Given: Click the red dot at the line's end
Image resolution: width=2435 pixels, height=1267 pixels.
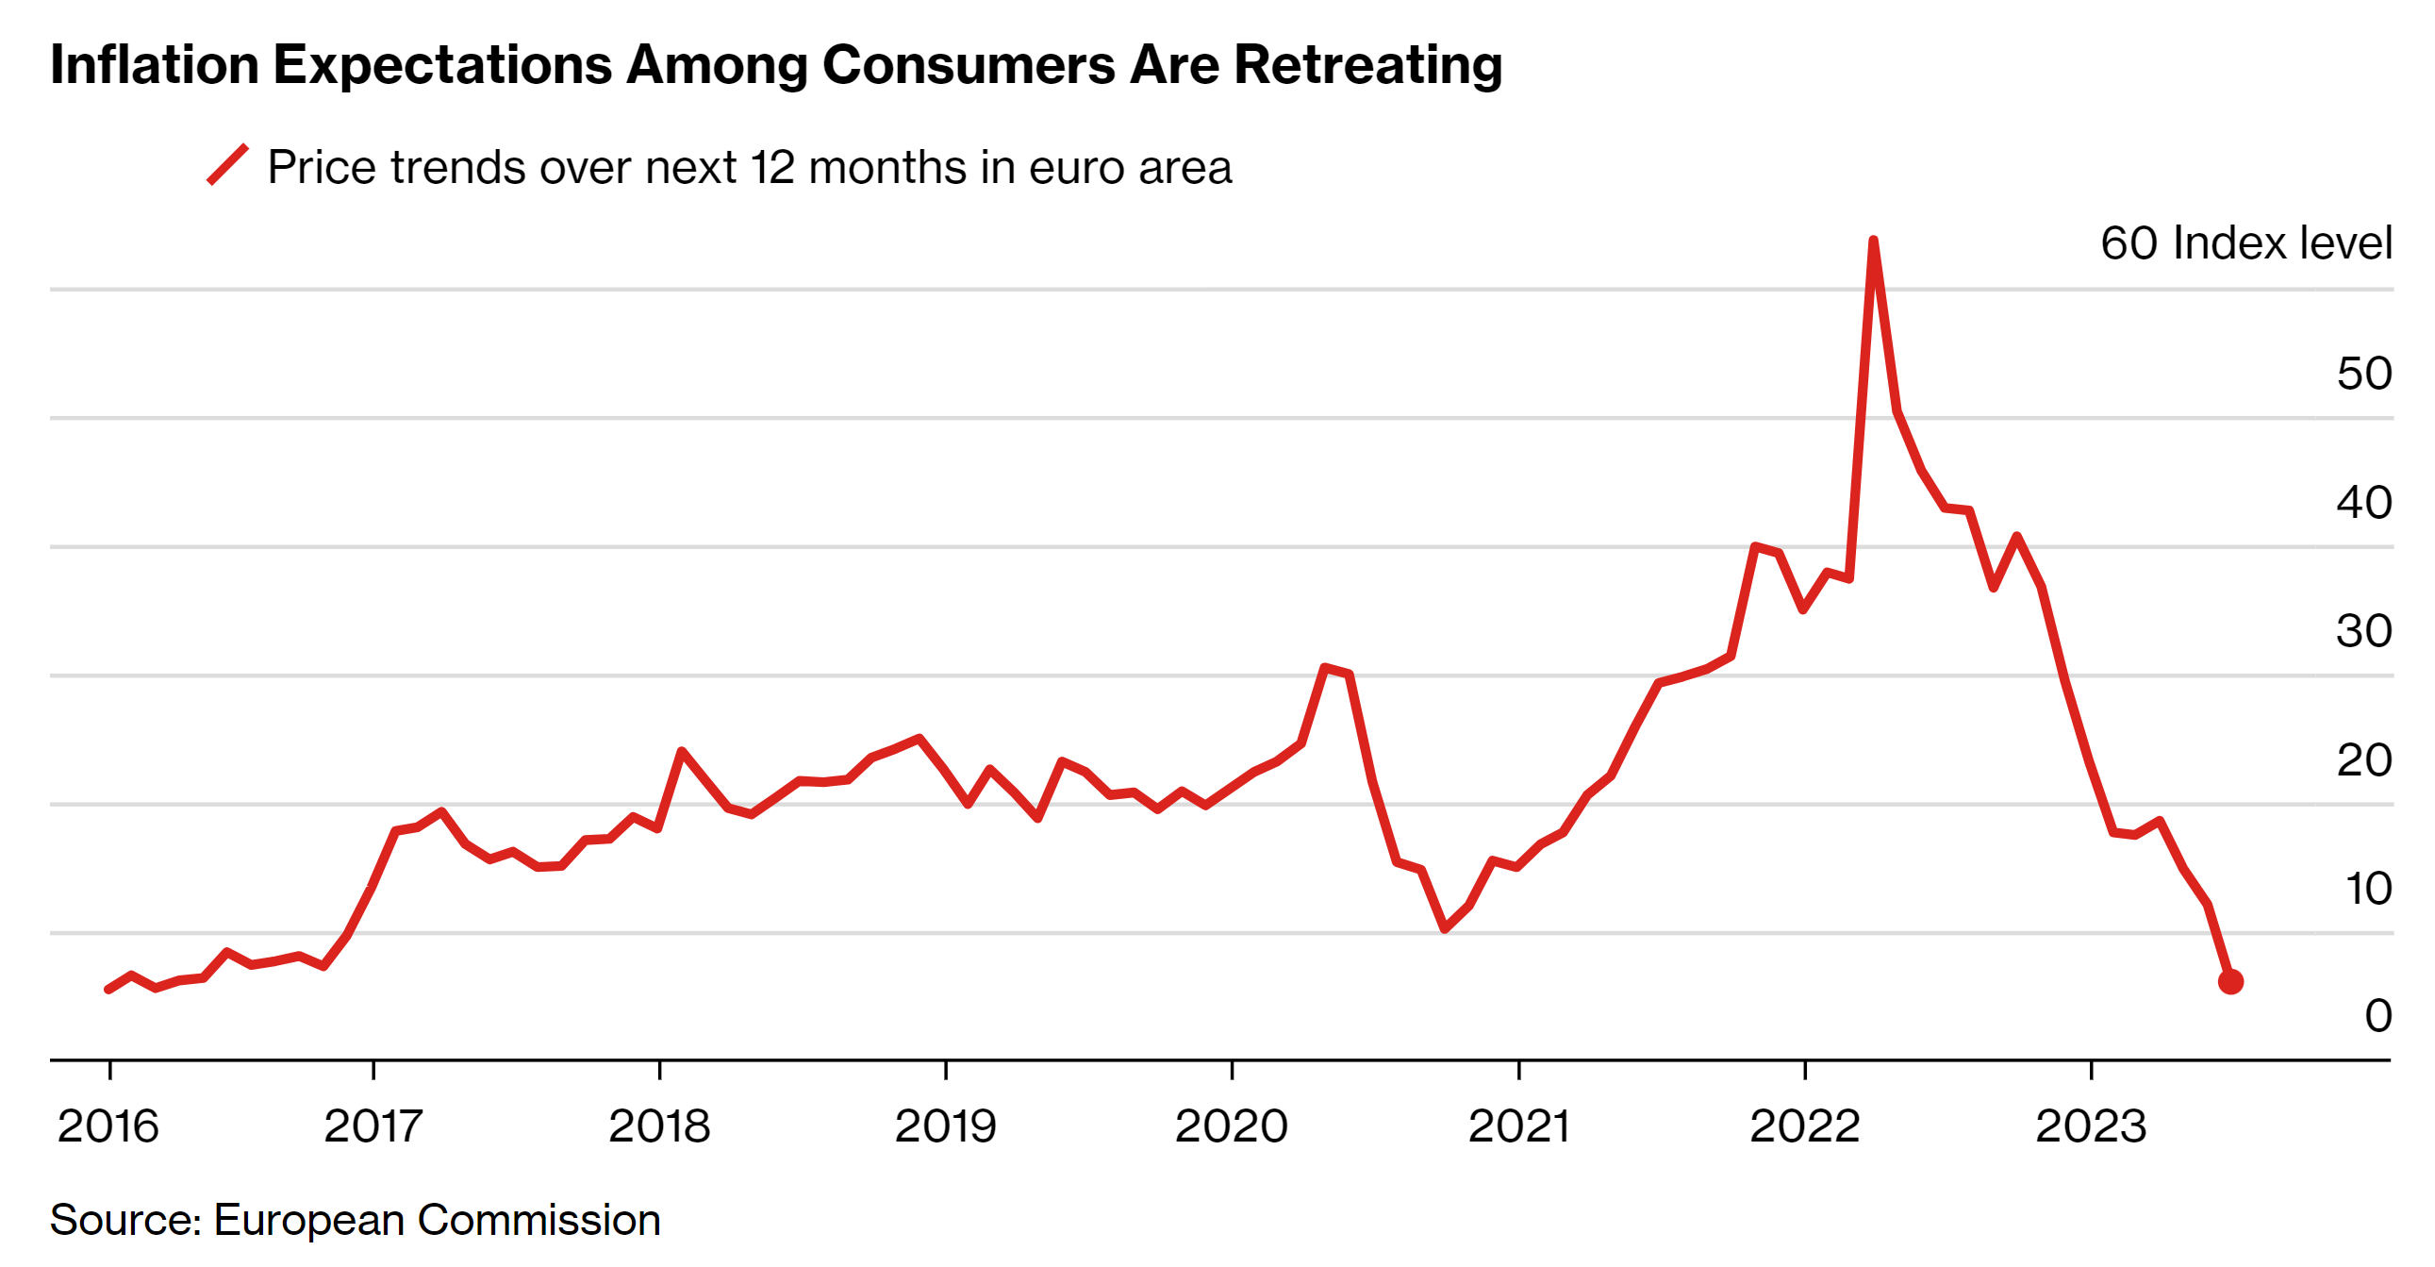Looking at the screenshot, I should tap(2229, 981).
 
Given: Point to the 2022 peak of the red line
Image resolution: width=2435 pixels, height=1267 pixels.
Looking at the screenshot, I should tap(1873, 242).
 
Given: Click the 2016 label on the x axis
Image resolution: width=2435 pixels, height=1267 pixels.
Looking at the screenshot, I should tap(108, 1126).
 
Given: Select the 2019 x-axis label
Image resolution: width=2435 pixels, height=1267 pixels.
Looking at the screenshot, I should tap(945, 1126).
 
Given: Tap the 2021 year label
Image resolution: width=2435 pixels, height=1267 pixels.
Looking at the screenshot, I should tap(1518, 1126).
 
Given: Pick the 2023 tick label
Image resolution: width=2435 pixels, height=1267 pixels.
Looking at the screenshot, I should tap(2091, 1126).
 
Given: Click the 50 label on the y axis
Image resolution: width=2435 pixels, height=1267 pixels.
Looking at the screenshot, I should tap(2364, 374).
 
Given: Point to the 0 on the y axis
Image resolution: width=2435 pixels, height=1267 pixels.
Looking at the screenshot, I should tap(2378, 1016).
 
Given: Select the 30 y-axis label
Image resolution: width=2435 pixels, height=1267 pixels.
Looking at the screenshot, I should tap(2364, 630).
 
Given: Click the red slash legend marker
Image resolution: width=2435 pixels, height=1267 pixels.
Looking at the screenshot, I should tap(228, 164).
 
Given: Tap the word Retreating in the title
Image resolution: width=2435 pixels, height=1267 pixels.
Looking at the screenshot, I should tap(1367, 65).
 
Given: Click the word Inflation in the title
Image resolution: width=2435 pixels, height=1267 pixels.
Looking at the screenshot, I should tap(154, 65).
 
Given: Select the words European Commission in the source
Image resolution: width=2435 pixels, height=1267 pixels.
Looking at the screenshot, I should tap(437, 1220).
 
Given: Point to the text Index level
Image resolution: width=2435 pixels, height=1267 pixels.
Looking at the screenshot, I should tap(2283, 243).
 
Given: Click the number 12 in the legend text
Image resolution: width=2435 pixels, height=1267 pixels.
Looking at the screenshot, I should tap(772, 167).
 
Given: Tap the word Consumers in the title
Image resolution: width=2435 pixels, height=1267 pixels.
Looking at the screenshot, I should tap(968, 65).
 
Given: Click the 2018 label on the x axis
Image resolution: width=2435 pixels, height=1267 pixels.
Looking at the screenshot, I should tap(659, 1126).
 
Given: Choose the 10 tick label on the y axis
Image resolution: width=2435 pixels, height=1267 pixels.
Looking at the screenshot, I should tap(2368, 889).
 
